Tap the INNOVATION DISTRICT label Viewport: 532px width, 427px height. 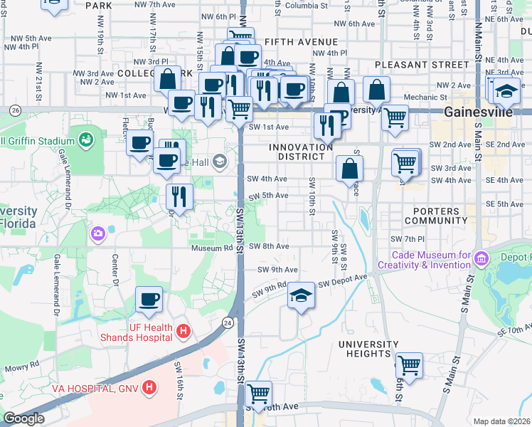pos(301,152)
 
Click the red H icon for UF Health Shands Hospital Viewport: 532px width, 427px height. pos(183,331)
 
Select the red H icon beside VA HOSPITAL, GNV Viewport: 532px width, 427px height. pos(149,388)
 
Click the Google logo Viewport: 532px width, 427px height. pos(23,418)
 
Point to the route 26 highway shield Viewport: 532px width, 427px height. pos(15,110)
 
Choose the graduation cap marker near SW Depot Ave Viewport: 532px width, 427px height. pos(301,294)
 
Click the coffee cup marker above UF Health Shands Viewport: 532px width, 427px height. pos(149,299)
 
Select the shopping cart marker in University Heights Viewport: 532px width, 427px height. pos(409,365)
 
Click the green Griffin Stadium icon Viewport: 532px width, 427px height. pos(87,138)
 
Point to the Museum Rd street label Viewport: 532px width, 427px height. pos(211,248)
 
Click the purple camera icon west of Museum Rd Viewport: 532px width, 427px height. pos(97,233)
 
